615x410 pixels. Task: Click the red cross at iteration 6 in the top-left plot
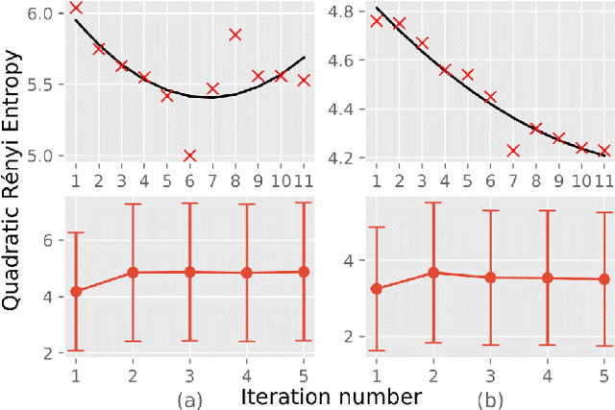[189, 155]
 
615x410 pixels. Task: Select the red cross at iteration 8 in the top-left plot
[235, 35]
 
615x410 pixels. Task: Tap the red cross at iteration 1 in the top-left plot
[76, 8]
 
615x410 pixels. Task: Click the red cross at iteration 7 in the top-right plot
[513, 150]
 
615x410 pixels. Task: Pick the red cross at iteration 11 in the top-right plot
[604, 150]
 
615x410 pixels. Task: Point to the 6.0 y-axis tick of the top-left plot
[45, 13]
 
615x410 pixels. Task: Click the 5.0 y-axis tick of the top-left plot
[45, 156]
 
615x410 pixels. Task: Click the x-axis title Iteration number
[318, 396]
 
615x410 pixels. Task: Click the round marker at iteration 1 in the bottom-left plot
[76, 291]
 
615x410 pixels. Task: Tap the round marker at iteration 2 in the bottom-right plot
[433, 273]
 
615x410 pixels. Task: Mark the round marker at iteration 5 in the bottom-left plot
[304, 272]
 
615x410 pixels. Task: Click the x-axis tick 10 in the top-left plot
[281, 181]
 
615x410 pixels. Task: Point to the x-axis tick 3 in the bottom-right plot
[490, 375]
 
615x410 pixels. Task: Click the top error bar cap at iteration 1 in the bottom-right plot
[377, 228]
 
